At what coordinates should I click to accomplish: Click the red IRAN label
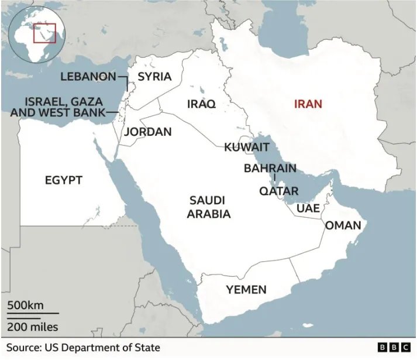[308, 104]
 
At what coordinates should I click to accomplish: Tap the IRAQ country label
[201, 104]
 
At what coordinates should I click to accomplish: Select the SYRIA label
[154, 77]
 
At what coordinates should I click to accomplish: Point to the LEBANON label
[88, 77]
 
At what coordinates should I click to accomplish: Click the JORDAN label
[148, 132]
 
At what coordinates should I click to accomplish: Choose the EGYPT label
[64, 180]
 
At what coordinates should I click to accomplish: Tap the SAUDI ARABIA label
[208, 207]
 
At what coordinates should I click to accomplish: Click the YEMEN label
[246, 289]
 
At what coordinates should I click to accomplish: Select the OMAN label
[343, 225]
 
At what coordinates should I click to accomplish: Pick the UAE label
[308, 208]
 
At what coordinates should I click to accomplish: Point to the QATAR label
[279, 191]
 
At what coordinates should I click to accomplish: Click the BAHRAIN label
[270, 169]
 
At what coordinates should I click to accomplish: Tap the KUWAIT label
[247, 147]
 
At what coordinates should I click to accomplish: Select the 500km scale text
[25, 306]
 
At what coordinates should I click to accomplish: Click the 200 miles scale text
[33, 327]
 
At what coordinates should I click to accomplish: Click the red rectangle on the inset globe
[44, 32]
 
